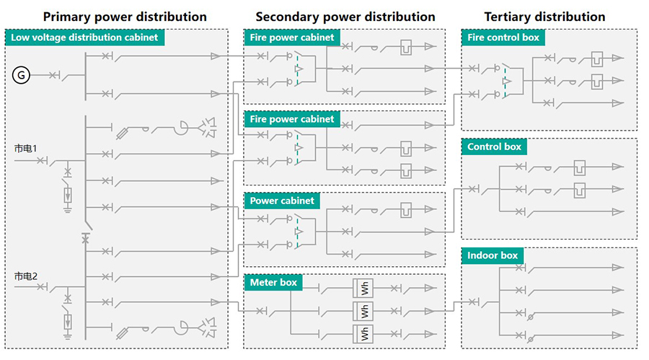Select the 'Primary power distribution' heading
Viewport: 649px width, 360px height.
tap(125, 16)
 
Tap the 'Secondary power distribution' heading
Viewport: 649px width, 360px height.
tap(345, 16)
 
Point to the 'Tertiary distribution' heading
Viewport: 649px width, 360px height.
tap(544, 16)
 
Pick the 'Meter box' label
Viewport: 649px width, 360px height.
tap(273, 282)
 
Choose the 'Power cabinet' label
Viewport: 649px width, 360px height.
tap(282, 200)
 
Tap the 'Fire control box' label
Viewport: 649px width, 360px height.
tap(503, 38)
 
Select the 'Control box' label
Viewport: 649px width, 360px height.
tap(494, 146)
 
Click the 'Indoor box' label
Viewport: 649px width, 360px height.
tap(493, 255)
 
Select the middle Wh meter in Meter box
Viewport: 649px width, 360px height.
tap(364, 311)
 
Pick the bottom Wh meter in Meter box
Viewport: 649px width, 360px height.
tap(364, 333)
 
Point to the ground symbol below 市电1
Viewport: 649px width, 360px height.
tap(69, 210)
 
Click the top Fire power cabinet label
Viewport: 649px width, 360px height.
tap(291, 38)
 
